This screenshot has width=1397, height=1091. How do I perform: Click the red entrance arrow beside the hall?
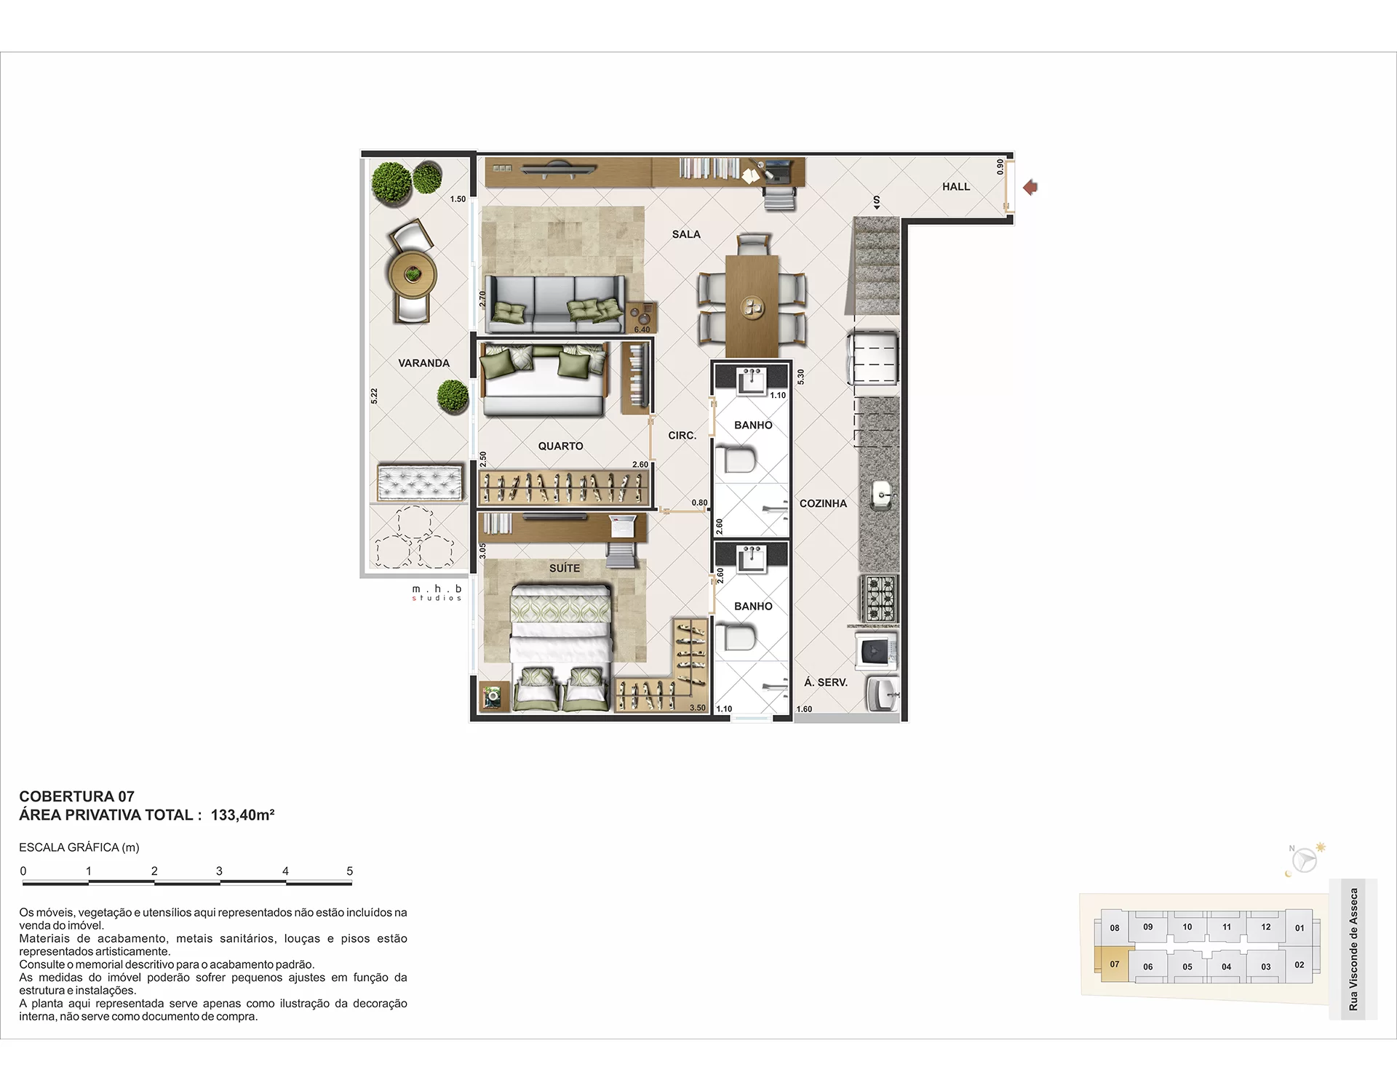[x=1030, y=188]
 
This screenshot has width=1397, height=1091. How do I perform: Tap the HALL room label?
[x=956, y=187]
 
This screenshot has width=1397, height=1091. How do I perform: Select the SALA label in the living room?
[x=686, y=234]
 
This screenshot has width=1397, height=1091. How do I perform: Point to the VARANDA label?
[x=424, y=363]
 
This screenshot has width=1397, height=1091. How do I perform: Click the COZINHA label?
[x=823, y=503]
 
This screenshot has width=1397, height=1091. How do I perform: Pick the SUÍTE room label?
[x=565, y=568]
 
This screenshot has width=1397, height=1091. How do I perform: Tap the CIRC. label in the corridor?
[x=682, y=436]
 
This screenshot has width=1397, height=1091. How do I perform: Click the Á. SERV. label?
[x=826, y=682]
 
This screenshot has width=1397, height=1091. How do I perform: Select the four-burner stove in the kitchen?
[x=879, y=599]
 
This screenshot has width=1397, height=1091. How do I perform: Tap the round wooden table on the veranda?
[x=412, y=274]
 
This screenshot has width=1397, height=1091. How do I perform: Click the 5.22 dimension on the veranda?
[x=374, y=396]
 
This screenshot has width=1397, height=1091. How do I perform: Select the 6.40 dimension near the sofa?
[x=642, y=329]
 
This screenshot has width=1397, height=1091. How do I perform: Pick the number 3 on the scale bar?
[x=219, y=871]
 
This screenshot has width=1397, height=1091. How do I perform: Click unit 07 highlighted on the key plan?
[x=1114, y=964]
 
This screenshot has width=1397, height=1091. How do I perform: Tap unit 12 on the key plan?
[x=1266, y=927]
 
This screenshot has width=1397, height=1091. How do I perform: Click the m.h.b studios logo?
[x=437, y=593]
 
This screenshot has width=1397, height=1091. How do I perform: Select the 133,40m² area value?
[x=242, y=815]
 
